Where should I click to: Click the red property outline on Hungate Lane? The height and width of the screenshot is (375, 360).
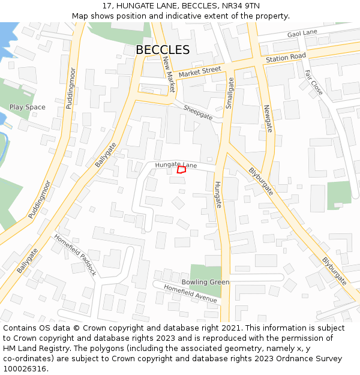pyautogui.click(x=181, y=170)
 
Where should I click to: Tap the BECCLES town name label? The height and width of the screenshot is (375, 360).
pyautogui.click(x=163, y=50)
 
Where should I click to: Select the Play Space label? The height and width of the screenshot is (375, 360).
pyautogui.click(x=27, y=107)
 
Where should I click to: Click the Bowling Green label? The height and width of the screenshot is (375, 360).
pyautogui.click(x=205, y=282)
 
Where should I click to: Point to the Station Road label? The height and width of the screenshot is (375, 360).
pyautogui.click(x=286, y=58)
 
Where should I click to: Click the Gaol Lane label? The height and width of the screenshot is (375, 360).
pyautogui.click(x=302, y=32)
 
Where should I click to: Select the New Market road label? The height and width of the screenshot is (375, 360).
pyautogui.click(x=169, y=74)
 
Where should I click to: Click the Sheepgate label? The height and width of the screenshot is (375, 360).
pyautogui.click(x=198, y=112)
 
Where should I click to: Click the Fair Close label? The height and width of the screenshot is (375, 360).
pyautogui.click(x=313, y=82)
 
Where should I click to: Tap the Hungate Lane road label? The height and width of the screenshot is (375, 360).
pyautogui.click(x=176, y=164)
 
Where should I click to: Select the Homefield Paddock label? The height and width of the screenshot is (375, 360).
pyautogui.click(x=75, y=254)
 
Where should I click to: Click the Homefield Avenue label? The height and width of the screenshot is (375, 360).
pyautogui.click(x=190, y=293)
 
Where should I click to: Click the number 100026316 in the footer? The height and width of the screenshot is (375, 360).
pyautogui.click(x=25, y=369)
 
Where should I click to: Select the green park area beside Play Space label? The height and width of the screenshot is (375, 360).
pyautogui.click(x=15, y=93)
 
